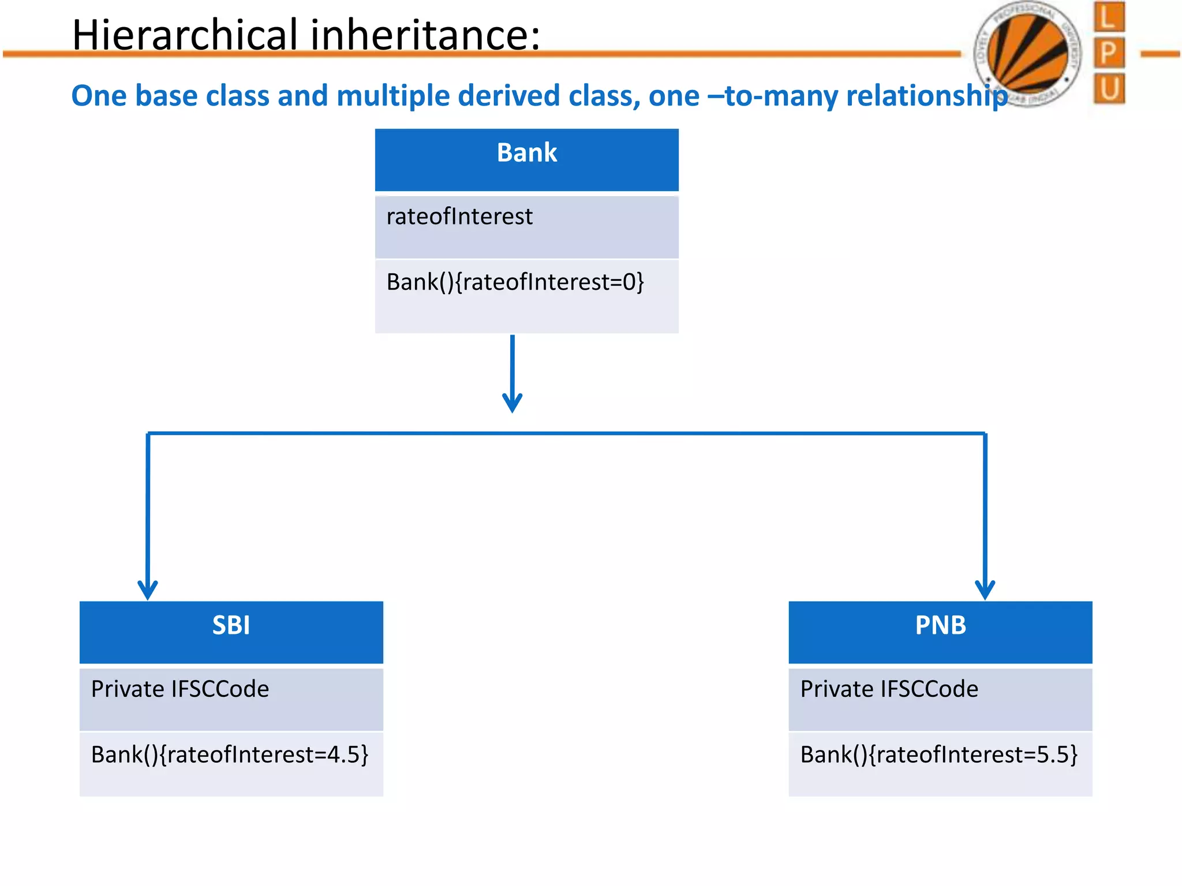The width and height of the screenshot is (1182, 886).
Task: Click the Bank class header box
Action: [x=526, y=159]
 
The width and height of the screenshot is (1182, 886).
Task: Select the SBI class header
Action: [x=231, y=632]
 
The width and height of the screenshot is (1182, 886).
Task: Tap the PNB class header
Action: [x=940, y=632]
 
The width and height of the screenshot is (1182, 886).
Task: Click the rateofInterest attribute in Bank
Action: [x=459, y=217]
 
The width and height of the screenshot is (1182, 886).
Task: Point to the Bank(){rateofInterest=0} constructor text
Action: [x=515, y=283]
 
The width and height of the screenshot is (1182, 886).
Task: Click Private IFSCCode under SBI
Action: [x=180, y=689]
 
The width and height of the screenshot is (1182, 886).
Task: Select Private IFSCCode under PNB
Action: [x=889, y=689]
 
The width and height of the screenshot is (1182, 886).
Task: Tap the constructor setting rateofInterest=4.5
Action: [x=230, y=755]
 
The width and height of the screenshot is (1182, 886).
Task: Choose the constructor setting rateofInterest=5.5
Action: [x=939, y=755]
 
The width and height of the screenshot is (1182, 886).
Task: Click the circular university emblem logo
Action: [x=1027, y=53]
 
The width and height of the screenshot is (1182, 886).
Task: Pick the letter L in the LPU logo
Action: [x=1109, y=17]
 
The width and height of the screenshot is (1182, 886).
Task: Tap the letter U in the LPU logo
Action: [x=1109, y=89]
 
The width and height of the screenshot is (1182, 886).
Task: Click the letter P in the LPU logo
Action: [x=1109, y=53]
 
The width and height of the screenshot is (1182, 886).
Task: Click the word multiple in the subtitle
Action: [x=390, y=96]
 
